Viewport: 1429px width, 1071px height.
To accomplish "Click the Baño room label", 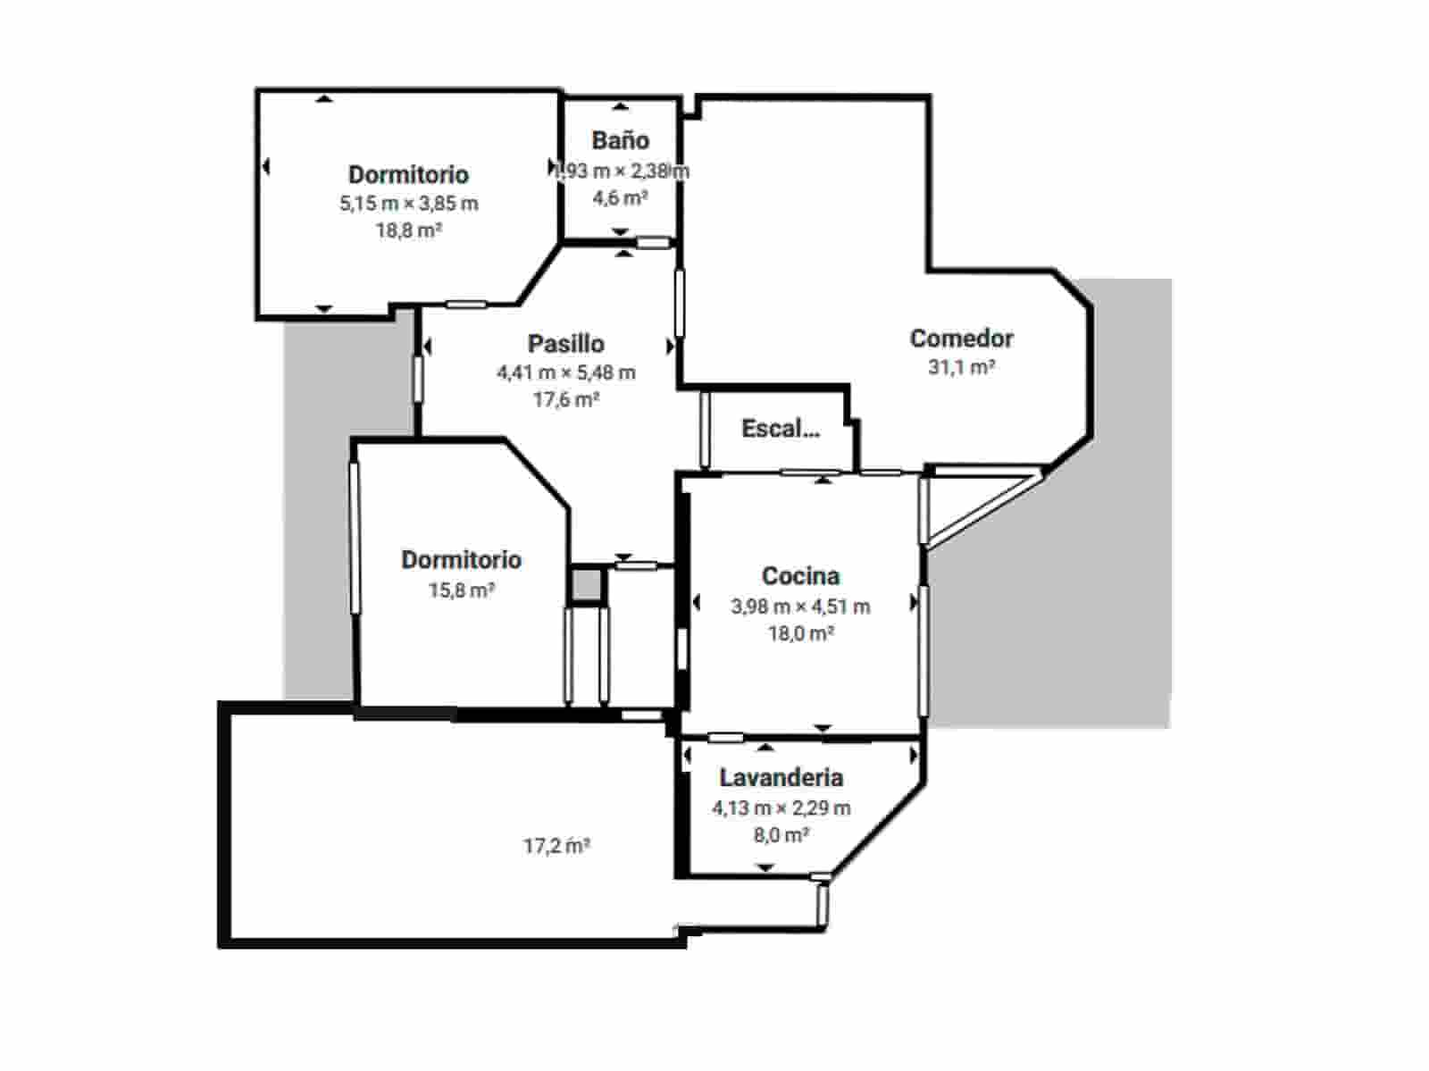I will click(x=620, y=140).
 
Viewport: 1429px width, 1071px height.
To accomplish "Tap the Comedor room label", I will click(x=961, y=339).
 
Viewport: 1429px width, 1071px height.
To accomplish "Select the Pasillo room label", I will click(x=565, y=344).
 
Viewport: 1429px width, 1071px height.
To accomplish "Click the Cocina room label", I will click(x=800, y=576).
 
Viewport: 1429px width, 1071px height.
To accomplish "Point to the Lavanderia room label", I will click(x=781, y=778).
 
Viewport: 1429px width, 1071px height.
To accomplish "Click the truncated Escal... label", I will click(x=780, y=429).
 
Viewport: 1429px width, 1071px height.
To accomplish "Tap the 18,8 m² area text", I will click(x=409, y=230).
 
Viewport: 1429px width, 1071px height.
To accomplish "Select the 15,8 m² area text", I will click(x=462, y=590).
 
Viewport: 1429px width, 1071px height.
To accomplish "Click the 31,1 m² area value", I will click(x=961, y=367).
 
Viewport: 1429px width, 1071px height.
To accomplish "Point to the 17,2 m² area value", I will click(x=556, y=845).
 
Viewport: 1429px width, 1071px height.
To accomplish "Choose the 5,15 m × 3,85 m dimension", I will click(x=408, y=204).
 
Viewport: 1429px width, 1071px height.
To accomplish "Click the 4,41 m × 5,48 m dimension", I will click(x=565, y=372).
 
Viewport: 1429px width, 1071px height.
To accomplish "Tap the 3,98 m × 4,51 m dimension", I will click(x=800, y=607).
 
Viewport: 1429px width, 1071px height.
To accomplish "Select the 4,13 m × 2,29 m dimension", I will click(x=781, y=808).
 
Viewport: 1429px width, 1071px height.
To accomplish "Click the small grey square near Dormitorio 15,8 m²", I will click(x=587, y=586).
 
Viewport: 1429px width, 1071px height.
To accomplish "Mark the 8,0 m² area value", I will click(x=781, y=835).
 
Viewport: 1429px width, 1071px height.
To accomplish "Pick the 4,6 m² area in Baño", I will click(x=620, y=197).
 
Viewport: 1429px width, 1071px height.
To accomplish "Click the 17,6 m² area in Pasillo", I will click(x=565, y=399).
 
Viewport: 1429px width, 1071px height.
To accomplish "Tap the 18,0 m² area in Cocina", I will click(x=800, y=633).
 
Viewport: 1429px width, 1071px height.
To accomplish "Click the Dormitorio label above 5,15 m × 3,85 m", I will click(x=408, y=174).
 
